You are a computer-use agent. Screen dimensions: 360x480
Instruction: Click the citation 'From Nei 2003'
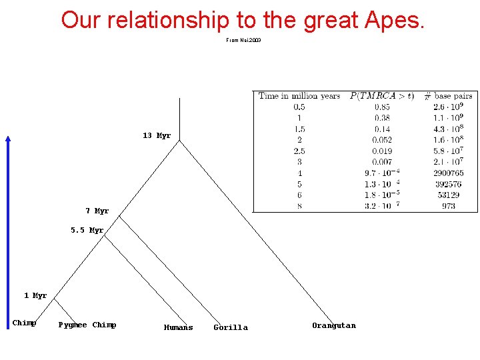pyautogui.click(x=243, y=41)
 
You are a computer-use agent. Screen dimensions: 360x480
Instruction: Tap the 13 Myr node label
pyautogui.click(x=157, y=136)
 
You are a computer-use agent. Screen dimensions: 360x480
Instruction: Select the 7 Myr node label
pyautogui.click(x=97, y=211)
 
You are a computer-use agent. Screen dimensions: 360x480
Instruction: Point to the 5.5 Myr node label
pyautogui.click(x=87, y=231)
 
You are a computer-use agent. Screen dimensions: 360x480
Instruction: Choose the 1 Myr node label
pyautogui.click(x=35, y=296)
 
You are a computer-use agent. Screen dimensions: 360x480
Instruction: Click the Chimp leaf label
pyautogui.click(x=24, y=323)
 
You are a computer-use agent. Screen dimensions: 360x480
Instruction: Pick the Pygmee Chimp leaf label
pyautogui.click(x=87, y=325)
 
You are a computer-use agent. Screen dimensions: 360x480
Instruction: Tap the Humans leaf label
pyautogui.click(x=178, y=327)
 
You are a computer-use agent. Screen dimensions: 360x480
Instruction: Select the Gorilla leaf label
pyautogui.click(x=231, y=327)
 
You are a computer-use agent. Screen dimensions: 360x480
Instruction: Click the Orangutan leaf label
pyautogui.click(x=334, y=326)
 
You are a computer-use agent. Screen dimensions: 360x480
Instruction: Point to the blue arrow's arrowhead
pyautogui.click(x=8, y=139)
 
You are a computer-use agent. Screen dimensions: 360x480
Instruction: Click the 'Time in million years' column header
pyautogui.click(x=299, y=96)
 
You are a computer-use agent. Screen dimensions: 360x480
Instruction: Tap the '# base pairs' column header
pyautogui.click(x=448, y=96)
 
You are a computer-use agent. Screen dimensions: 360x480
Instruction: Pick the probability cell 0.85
pyautogui.click(x=382, y=107)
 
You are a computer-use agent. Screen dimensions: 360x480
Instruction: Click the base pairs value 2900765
pyautogui.click(x=448, y=173)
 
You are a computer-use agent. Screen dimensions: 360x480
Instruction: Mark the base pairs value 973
pyautogui.click(x=448, y=206)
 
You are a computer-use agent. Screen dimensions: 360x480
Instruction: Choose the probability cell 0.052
pyautogui.click(x=382, y=140)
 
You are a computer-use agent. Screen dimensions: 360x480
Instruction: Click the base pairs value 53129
pyautogui.click(x=448, y=195)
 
